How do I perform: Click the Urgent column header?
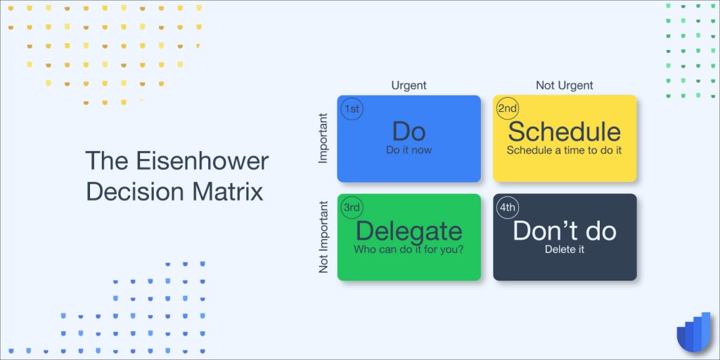click(x=409, y=85)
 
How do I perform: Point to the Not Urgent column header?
click(x=565, y=85)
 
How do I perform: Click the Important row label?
click(x=323, y=139)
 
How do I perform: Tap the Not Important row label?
click(x=323, y=237)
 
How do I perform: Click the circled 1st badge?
click(x=352, y=110)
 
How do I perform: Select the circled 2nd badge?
click(x=508, y=109)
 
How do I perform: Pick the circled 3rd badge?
click(x=352, y=208)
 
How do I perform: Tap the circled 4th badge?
click(x=508, y=208)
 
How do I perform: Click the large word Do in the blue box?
click(x=409, y=131)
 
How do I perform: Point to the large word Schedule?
click(x=565, y=131)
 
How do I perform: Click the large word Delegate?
click(x=409, y=231)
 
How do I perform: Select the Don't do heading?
click(x=565, y=231)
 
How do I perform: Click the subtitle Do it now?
click(x=409, y=150)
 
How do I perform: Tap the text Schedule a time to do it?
click(x=565, y=150)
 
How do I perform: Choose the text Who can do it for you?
click(x=409, y=250)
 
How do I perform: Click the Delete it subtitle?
click(x=565, y=250)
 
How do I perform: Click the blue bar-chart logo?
click(x=694, y=332)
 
